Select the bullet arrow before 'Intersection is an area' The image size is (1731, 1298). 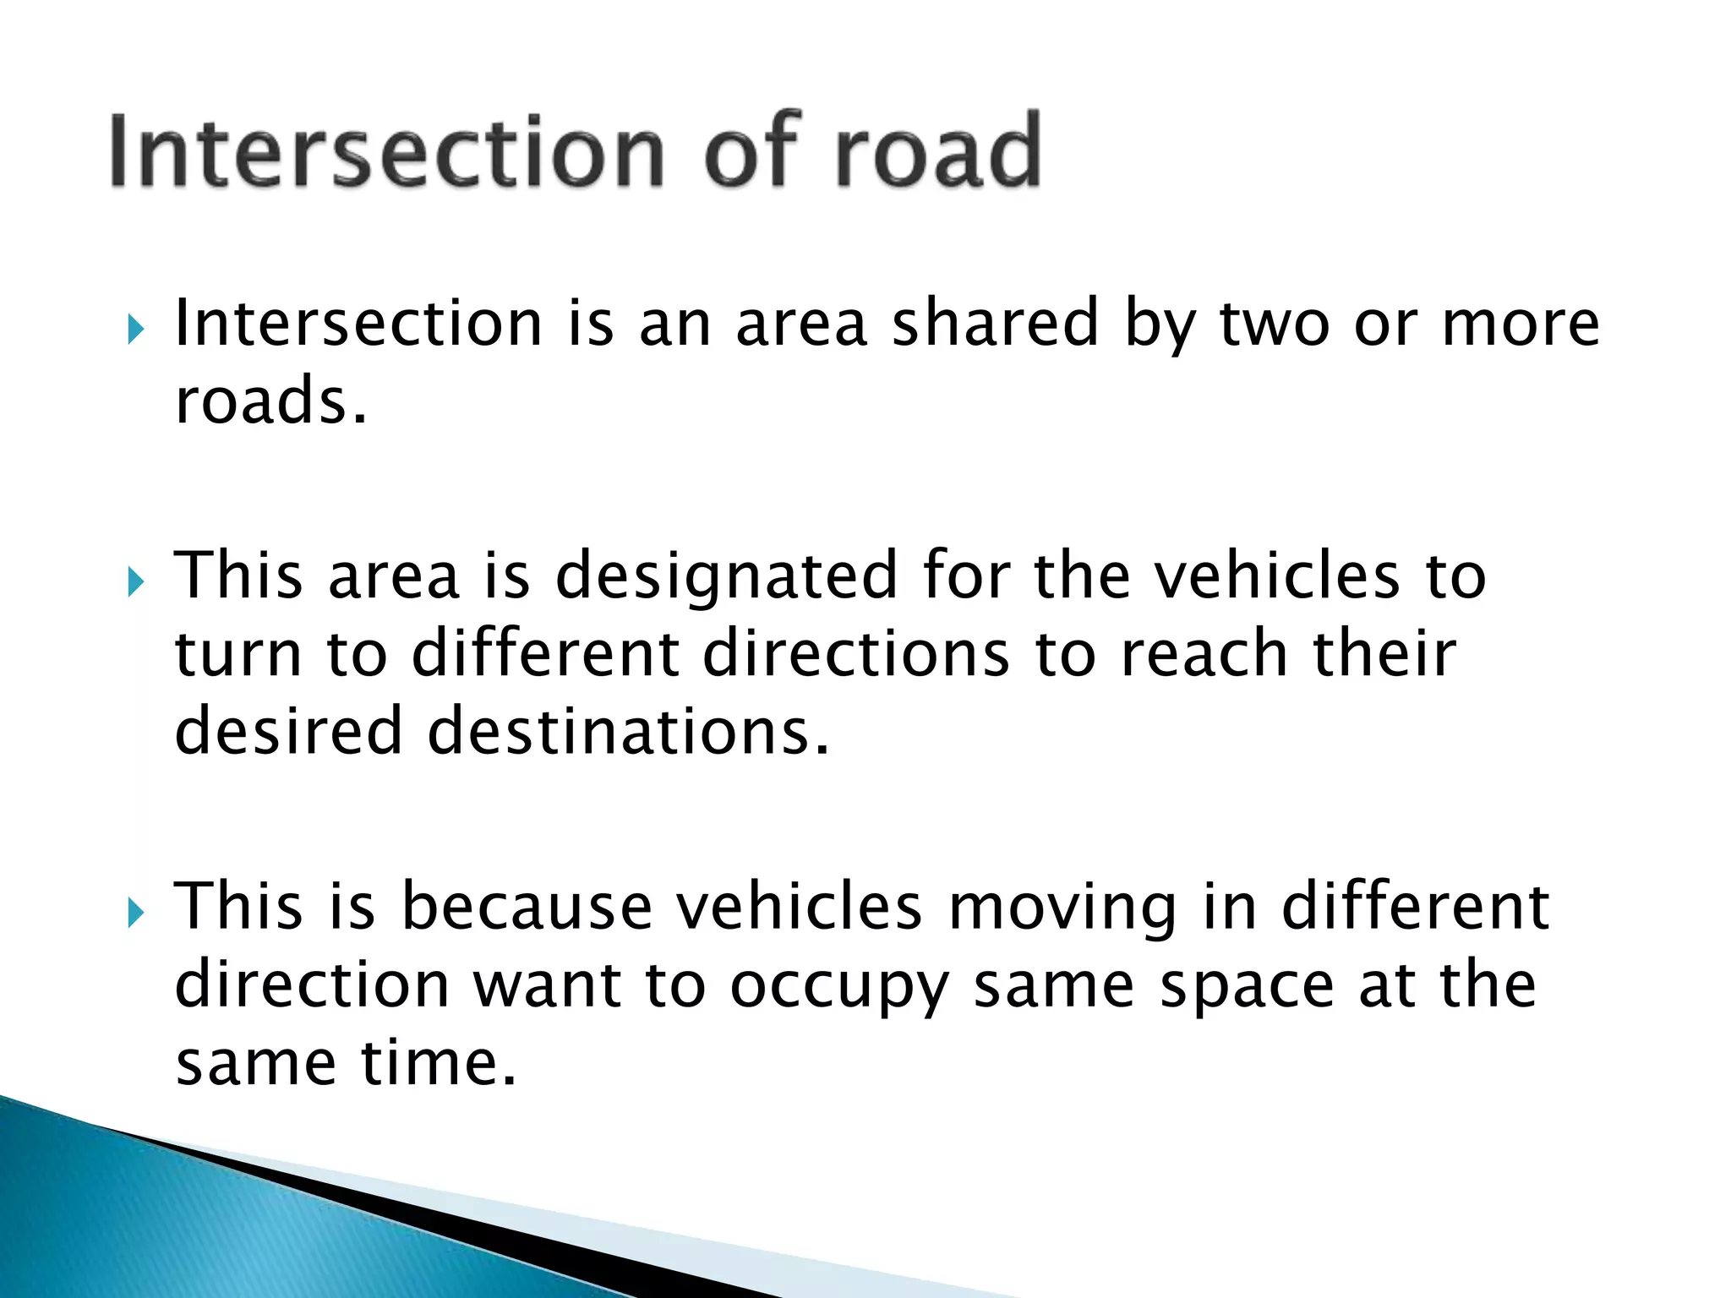coord(135,330)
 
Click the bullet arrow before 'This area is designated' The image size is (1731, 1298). coord(135,581)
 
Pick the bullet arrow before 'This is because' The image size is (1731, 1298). coord(135,913)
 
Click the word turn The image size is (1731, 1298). coord(238,656)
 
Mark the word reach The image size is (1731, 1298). coord(1204,654)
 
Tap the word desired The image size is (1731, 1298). coord(288,732)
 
